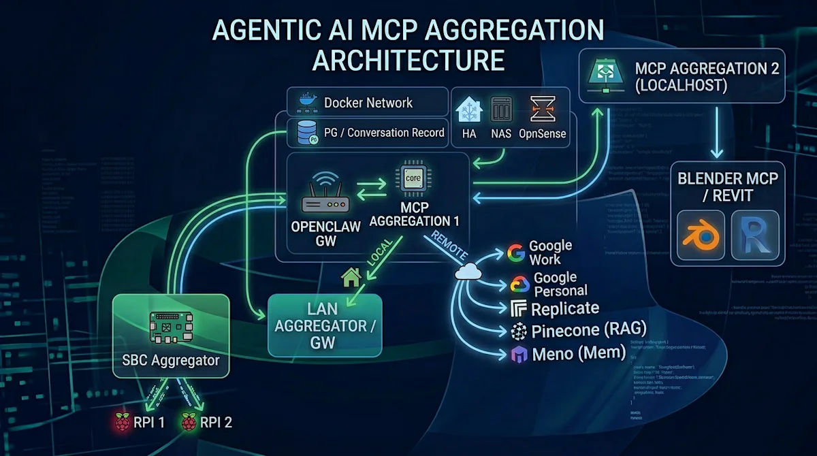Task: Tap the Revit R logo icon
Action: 754,235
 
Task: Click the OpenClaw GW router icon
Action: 325,197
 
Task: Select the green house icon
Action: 351,277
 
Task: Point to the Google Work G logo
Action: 517,253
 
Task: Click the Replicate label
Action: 564,308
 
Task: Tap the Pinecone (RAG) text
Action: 588,331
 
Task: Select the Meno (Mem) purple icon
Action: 519,354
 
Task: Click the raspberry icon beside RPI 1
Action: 123,422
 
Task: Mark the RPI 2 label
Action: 216,422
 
